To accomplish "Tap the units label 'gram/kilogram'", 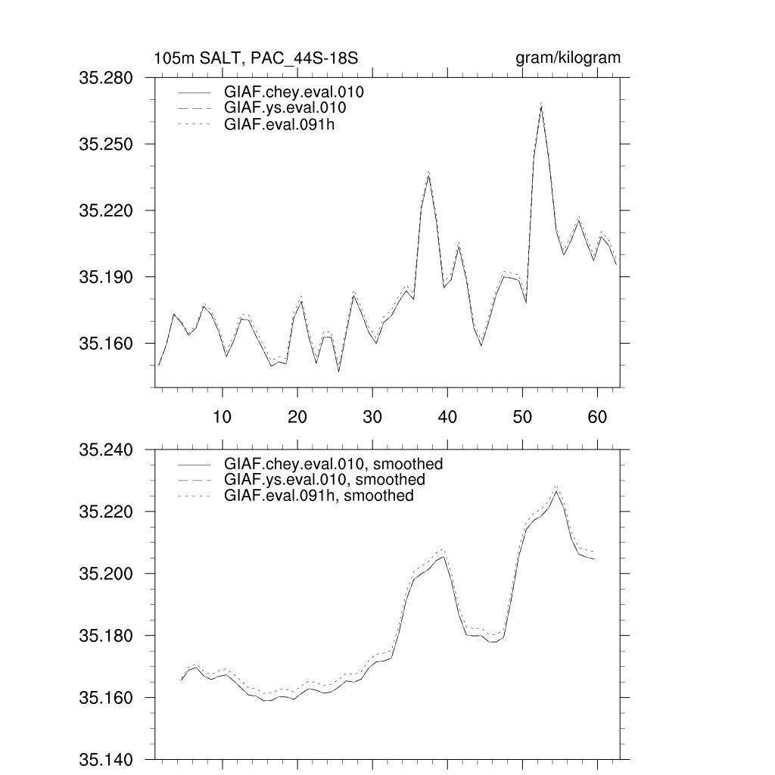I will coord(568,58).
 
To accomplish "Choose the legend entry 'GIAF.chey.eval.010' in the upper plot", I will coord(294,93).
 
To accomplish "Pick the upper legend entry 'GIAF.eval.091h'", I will coord(279,124).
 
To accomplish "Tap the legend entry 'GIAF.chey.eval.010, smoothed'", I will coord(333,464).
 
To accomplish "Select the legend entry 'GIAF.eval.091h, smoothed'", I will coord(319,496).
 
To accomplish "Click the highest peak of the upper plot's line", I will coord(541,106).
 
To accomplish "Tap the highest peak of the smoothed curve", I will coord(556,490).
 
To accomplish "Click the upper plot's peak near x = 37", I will coord(428,175).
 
